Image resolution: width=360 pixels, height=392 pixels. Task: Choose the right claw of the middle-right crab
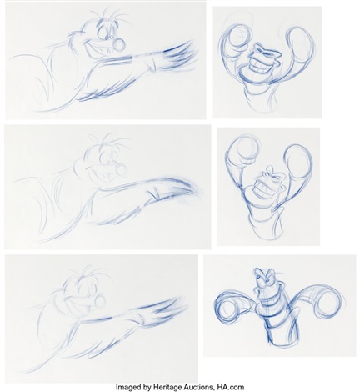point(297,158)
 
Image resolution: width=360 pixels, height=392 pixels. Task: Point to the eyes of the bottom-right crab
point(263,276)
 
